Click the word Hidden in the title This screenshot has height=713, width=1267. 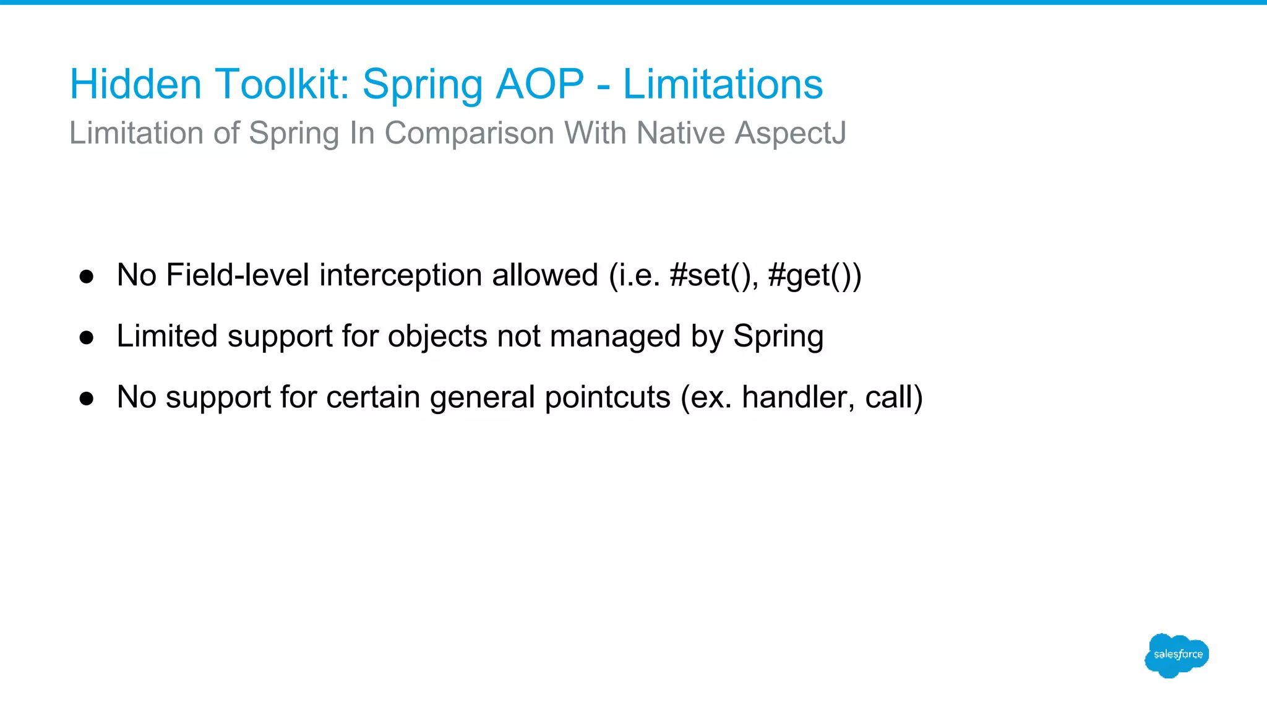(x=135, y=84)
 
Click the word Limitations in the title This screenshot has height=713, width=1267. (x=723, y=84)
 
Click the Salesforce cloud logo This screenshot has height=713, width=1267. (x=1177, y=655)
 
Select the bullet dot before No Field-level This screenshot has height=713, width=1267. (x=87, y=276)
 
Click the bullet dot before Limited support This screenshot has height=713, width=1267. (x=87, y=337)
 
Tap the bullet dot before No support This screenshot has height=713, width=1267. (x=87, y=399)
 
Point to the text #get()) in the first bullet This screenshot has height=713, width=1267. (x=814, y=275)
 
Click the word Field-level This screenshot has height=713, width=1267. (x=238, y=275)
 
